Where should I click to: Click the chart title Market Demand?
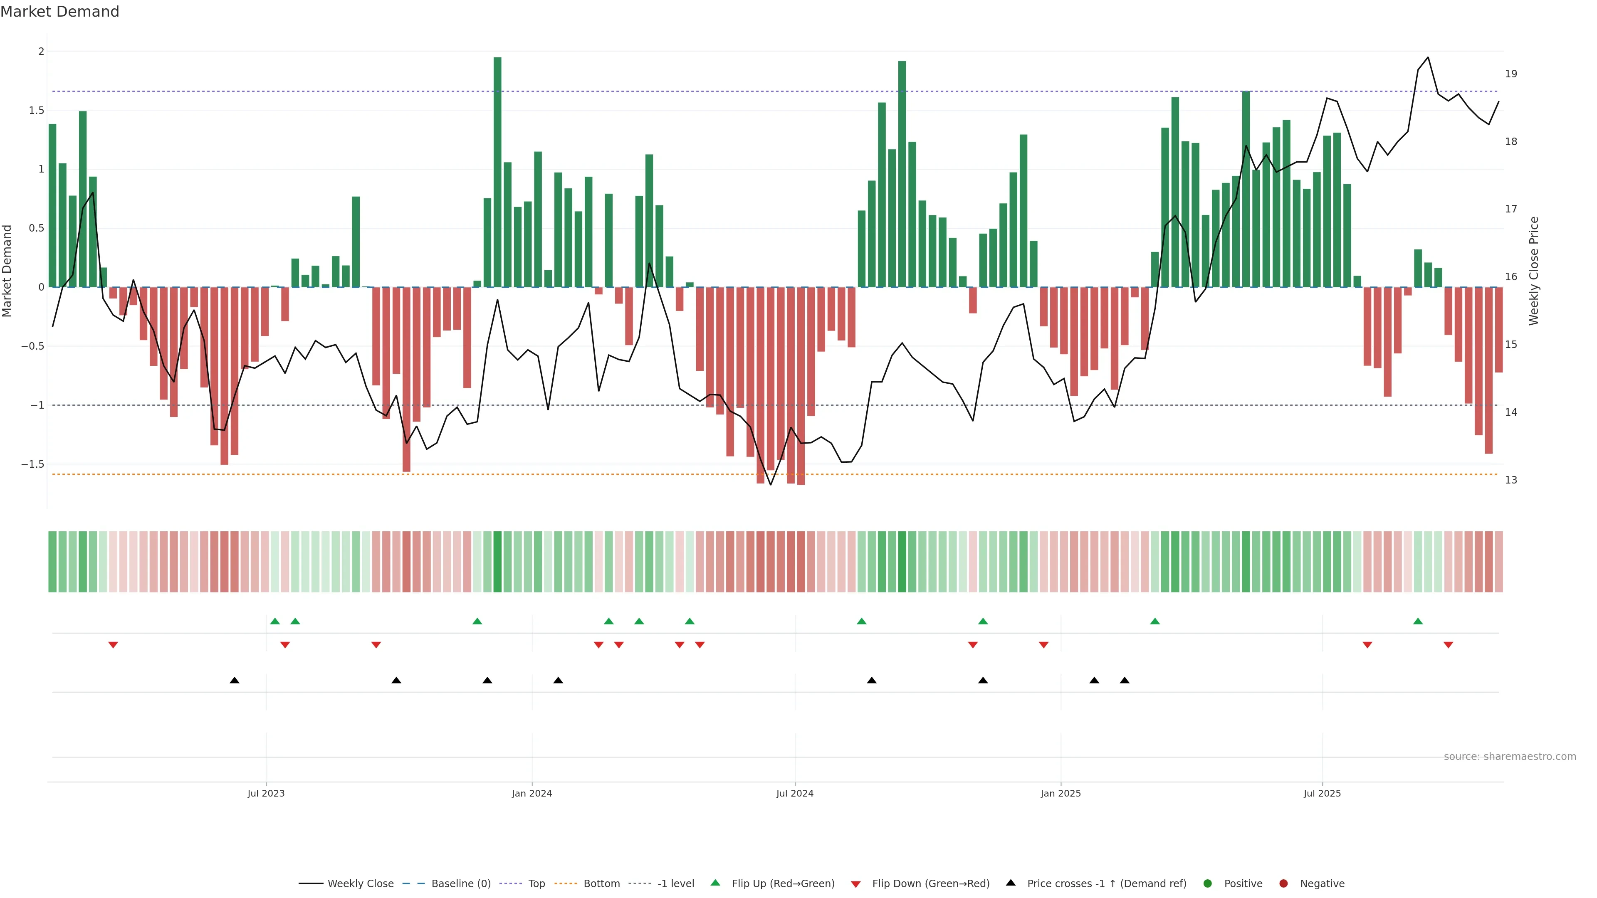pos(59,12)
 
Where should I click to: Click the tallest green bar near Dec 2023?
pos(497,172)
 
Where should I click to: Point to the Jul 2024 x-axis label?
pos(794,793)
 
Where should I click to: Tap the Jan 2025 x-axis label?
pos(1060,793)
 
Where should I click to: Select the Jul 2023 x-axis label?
pos(266,793)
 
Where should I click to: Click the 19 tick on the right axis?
pos(1511,74)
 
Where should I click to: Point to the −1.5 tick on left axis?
pos(33,464)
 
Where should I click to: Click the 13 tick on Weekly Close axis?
pos(1511,480)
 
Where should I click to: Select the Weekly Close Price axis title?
pos(1534,271)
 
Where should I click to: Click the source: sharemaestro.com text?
pos(1510,756)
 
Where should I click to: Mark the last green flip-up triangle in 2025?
pos(1418,621)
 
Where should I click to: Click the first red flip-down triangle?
pos(113,645)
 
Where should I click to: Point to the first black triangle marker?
pos(234,681)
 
